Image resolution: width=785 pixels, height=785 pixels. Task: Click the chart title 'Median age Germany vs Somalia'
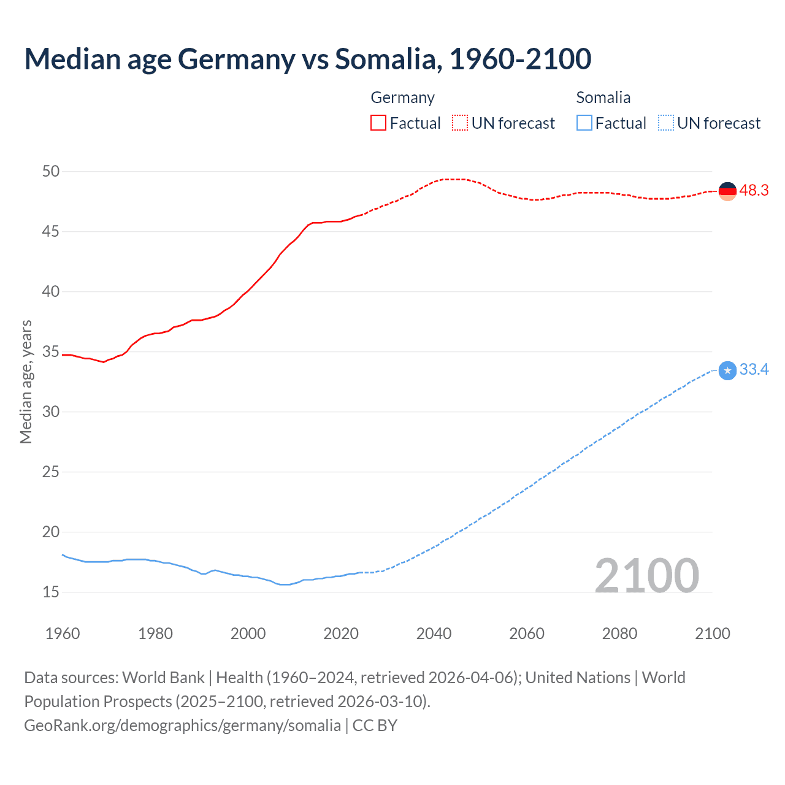click(x=307, y=59)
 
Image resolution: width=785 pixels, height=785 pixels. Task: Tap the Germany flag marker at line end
click(x=727, y=191)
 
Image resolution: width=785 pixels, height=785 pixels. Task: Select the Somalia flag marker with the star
click(x=727, y=370)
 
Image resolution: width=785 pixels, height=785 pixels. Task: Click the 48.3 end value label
click(x=754, y=191)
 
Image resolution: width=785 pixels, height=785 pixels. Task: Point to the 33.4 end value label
click(x=754, y=370)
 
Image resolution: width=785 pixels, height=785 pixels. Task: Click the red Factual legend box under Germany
click(x=378, y=123)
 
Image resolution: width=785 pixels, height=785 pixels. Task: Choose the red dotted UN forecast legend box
click(x=460, y=123)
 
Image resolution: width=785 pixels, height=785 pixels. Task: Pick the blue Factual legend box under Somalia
click(x=584, y=123)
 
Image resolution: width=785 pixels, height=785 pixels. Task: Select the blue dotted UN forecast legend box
click(x=665, y=123)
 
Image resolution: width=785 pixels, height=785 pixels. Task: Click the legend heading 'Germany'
click(x=402, y=98)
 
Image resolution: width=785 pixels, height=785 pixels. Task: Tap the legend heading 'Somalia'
click(x=603, y=98)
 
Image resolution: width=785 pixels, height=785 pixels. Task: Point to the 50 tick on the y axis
click(x=51, y=171)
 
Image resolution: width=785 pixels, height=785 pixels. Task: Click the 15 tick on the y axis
click(x=51, y=592)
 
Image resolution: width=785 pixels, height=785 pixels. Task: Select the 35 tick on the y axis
click(x=51, y=352)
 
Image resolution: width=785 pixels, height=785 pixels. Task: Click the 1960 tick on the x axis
click(x=63, y=634)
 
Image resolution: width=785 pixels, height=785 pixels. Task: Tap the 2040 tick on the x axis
click(x=434, y=634)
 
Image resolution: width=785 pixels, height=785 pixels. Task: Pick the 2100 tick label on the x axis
click(x=712, y=634)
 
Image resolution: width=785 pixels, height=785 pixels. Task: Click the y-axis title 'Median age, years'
click(x=26, y=381)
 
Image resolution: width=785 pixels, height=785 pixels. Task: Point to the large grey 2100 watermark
click(x=646, y=575)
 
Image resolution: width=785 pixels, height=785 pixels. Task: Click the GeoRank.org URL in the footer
click(x=182, y=726)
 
